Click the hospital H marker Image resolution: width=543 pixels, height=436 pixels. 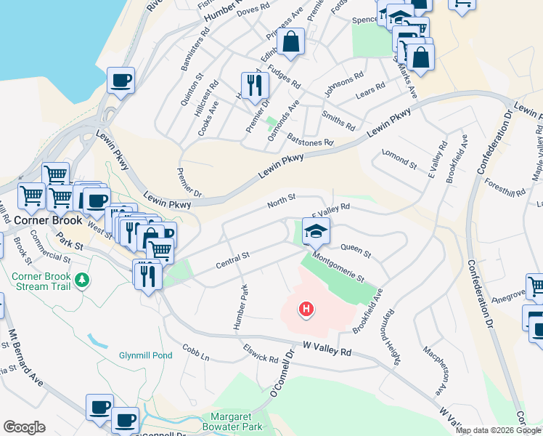point(306,310)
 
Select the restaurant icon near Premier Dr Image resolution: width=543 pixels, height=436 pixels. point(255,84)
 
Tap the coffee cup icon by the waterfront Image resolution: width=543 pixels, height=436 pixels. point(121,79)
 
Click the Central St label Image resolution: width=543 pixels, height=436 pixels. point(233,260)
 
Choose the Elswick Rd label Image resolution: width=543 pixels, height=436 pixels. point(261,354)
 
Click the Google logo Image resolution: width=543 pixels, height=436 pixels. point(24,427)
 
